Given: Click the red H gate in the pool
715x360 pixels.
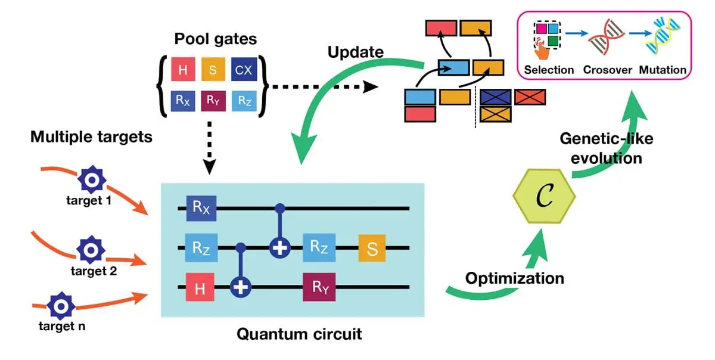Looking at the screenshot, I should (183, 70).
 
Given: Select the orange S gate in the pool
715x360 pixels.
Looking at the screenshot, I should (213, 70).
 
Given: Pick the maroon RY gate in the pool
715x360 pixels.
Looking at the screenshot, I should (213, 101).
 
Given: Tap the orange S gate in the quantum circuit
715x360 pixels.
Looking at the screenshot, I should (372, 247).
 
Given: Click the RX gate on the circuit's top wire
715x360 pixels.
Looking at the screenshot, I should (198, 208).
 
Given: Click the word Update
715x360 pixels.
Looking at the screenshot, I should (355, 52).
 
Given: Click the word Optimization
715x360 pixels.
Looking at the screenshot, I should (514, 278).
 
